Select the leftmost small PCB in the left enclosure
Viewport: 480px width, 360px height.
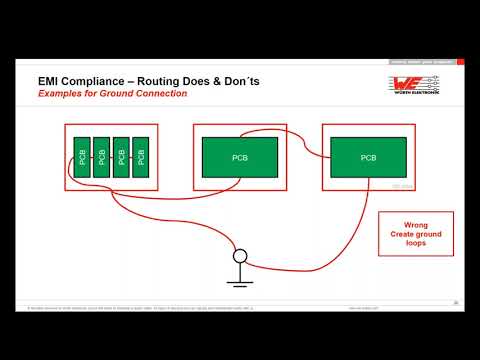coord(82,157)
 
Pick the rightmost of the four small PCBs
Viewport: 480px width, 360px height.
coord(141,157)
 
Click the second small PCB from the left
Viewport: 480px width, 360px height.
coord(101,157)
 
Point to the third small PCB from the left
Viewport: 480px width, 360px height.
coord(121,157)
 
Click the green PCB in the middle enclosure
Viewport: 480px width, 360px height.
coord(239,157)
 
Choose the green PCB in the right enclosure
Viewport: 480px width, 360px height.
coord(368,157)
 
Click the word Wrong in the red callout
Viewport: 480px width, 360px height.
coord(415,224)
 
